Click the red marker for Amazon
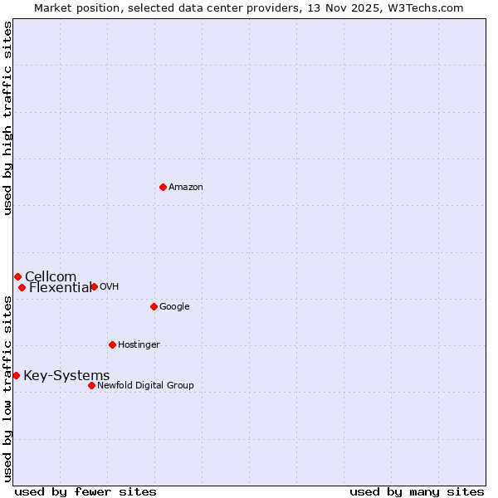coord(163,187)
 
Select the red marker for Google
coord(154,306)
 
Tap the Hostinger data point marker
coord(112,344)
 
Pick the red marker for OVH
coord(94,286)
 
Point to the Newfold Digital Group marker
coord(91,385)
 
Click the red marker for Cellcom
coord(17,276)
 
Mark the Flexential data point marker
coord(22,287)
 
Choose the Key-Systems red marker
coord(16,375)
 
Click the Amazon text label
coord(186,188)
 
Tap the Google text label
coord(174,307)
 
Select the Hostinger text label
coord(139,345)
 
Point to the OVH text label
coord(110,287)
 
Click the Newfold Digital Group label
coord(145,386)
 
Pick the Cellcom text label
coord(51,277)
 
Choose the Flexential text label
coord(61,288)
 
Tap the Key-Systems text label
coord(66,376)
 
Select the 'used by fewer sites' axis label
coord(85,491)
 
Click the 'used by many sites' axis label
coord(417,491)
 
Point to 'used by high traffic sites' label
coord(7,118)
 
